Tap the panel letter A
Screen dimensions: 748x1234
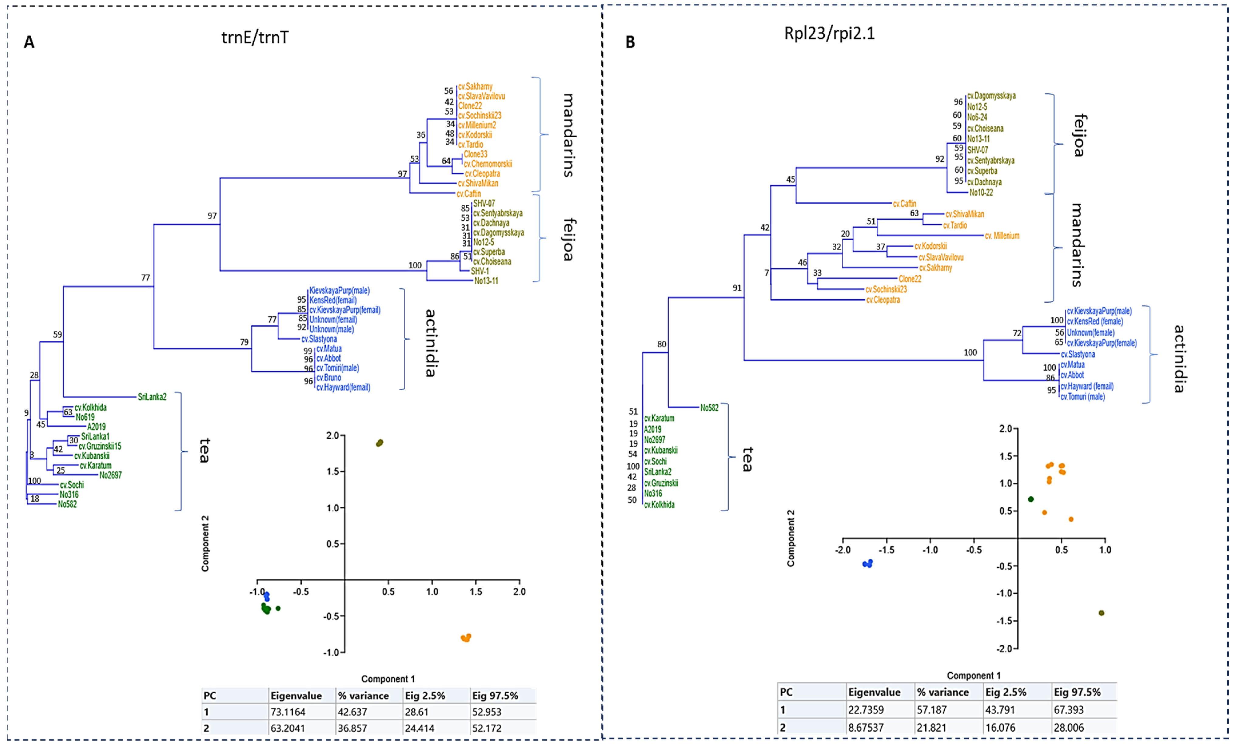point(29,42)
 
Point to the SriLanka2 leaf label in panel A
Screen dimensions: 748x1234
point(152,397)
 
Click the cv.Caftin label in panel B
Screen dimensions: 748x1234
point(904,204)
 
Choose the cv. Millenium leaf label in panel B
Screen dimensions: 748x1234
point(1002,235)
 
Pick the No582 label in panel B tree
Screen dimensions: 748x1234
point(709,408)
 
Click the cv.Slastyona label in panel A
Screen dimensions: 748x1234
point(319,339)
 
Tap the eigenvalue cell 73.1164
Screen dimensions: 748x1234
point(288,712)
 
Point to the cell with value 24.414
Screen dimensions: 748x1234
point(420,728)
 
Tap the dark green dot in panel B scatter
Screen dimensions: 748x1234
point(1031,499)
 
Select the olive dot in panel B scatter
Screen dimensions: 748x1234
point(1101,613)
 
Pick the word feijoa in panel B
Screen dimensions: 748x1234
point(1079,135)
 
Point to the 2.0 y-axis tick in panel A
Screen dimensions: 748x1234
point(333,435)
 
